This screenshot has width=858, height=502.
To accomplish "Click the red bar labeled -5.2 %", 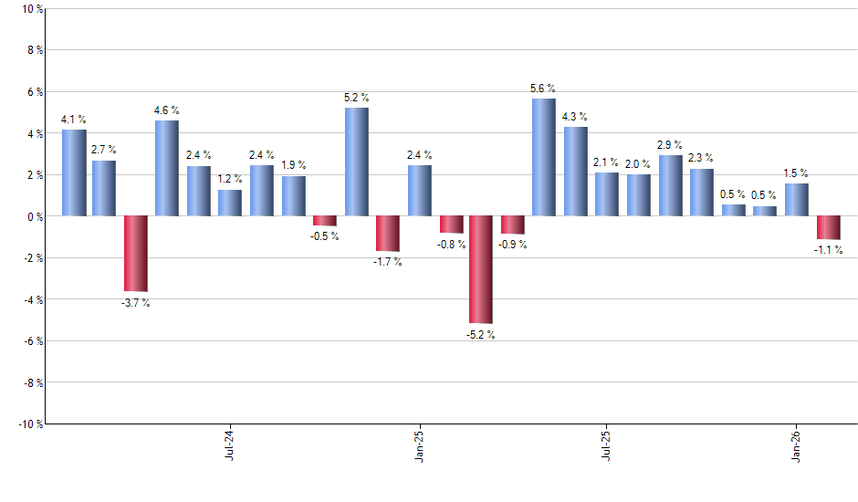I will (481, 269).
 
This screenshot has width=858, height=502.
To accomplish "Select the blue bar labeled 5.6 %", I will (543, 157).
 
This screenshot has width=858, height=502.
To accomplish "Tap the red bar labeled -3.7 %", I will (136, 254).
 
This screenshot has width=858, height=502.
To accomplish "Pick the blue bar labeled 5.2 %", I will (357, 162).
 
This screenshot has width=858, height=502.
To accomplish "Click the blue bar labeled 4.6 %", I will (167, 168).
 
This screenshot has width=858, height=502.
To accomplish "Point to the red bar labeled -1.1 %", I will (829, 227).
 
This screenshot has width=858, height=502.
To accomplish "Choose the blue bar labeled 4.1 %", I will (74, 173).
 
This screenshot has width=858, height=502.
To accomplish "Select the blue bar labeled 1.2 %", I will (230, 203).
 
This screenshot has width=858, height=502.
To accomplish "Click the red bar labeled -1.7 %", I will (388, 234).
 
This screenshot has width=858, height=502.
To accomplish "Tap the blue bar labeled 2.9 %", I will (670, 185).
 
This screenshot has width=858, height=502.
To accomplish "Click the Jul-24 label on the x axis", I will (229, 444).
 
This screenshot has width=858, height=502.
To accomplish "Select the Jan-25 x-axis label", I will (419, 444).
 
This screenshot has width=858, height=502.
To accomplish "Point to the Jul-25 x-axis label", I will (607, 444).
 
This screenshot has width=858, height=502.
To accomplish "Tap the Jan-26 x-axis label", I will (797, 444).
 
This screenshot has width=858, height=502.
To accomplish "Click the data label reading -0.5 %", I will (325, 236).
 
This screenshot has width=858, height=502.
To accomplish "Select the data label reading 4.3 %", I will (574, 117).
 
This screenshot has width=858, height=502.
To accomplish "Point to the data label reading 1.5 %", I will (796, 173).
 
